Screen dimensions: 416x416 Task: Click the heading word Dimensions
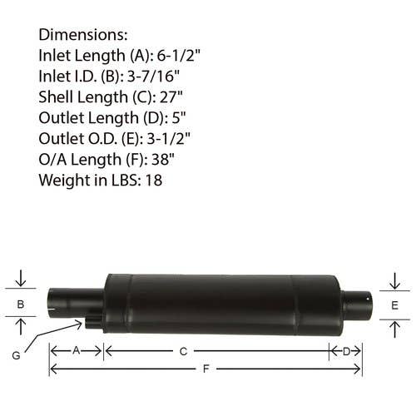(x=83, y=35)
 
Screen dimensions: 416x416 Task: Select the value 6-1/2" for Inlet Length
(x=179, y=56)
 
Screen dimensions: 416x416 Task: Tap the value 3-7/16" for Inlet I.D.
(x=153, y=77)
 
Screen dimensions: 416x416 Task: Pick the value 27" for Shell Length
(x=171, y=97)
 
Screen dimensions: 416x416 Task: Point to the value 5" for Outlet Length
(x=179, y=118)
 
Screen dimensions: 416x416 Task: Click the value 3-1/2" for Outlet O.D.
(x=169, y=139)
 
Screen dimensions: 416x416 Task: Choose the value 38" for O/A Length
(x=163, y=160)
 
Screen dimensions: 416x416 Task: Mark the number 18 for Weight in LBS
(x=154, y=181)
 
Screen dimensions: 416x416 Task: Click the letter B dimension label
(x=21, y=305)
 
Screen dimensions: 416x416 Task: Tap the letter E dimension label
(x=394, y=305)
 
